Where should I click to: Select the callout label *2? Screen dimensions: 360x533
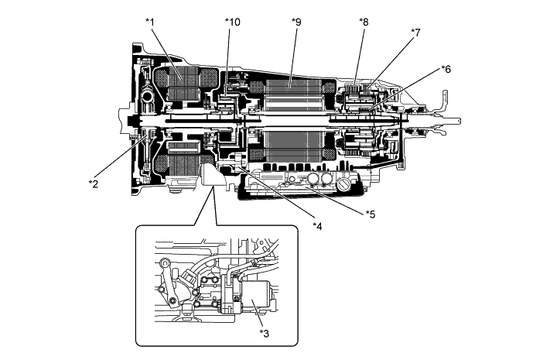(93, 183)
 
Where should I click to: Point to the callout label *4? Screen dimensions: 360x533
(316, 225)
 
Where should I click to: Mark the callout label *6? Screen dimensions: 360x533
(445, 69)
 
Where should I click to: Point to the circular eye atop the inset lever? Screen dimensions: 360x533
(166, 264)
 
